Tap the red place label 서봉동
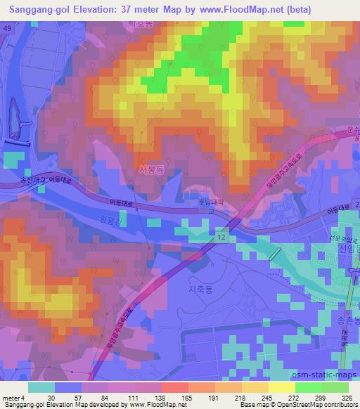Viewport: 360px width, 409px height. click(x=151, y=169)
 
